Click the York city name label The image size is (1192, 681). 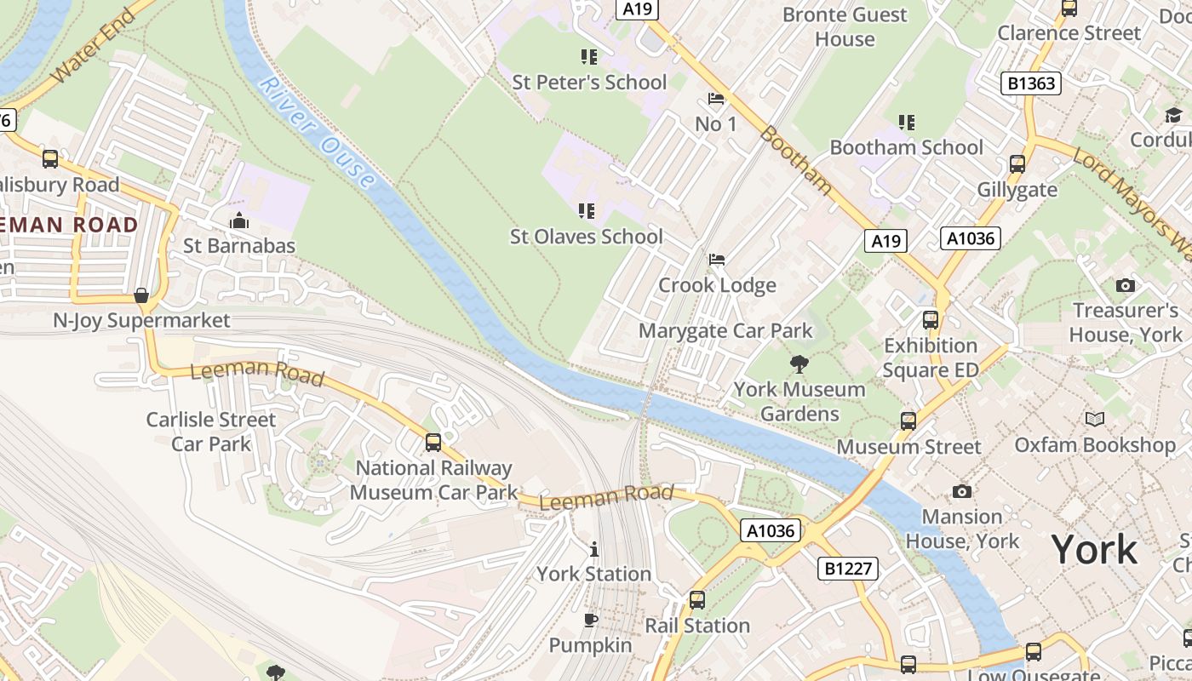click(x=1094, y=550)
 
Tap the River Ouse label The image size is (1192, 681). click(x=316, y=132)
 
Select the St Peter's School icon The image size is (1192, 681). click(x=588, y=57)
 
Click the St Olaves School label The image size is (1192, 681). click(x=586, y=237)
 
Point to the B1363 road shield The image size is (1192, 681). click(x=1031, y=83)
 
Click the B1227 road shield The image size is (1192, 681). click(x=848, y=568)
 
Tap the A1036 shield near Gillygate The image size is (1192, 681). click(x=971, y=238)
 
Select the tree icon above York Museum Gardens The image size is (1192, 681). click(x=799, y=365)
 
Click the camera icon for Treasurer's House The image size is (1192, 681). click(x=1125, y=286)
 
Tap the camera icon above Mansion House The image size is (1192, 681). click(x=962, y=492)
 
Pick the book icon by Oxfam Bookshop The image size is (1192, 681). click(x=1094, y=419)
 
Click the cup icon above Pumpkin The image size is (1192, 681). click(x=591, y=620)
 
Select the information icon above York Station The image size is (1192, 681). click(x=593, y=549)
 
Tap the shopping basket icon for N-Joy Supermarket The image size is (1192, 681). click(x=141, y=295)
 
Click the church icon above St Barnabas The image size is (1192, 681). click(x=239, y=221)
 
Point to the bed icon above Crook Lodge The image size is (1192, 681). click(x=717, y=260)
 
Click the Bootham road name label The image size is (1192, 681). click(x=795, y=160)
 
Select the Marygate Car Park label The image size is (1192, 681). click(x=725, y=330)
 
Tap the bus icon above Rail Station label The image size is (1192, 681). click(x=697, y=600)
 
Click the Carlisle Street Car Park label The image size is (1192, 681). click(x=211, y=432)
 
